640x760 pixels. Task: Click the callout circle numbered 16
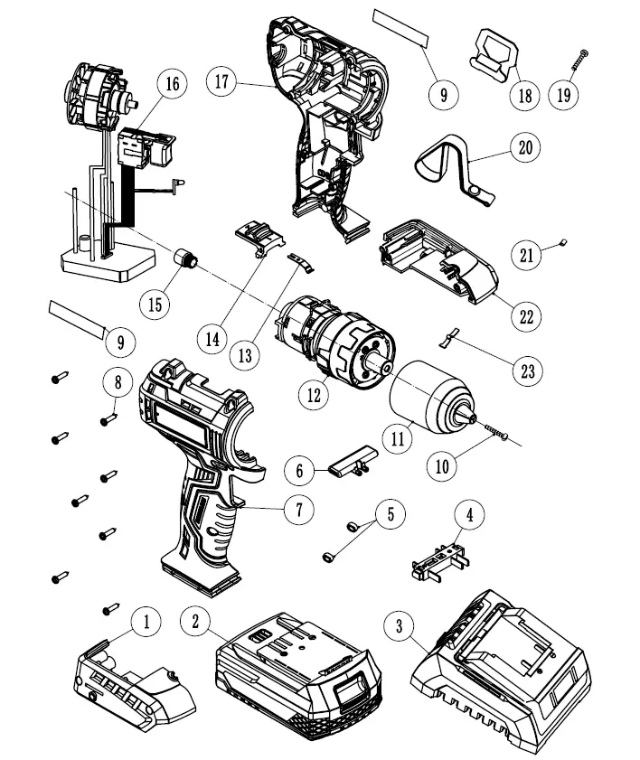(x=171, y=84)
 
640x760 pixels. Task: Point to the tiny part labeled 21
(x=561, y=241)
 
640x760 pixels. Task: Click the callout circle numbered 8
(x=118, y=382)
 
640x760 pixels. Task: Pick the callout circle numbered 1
(x=146, y=621)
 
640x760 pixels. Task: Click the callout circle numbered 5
(x=391, y=514)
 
